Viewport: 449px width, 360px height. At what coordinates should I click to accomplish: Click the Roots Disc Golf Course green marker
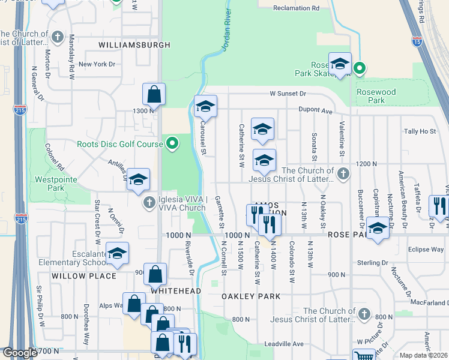(172, 143)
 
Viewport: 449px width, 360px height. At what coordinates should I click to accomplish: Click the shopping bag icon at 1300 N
(154, 94)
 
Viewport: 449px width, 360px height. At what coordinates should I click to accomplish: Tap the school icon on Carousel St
(205, 106)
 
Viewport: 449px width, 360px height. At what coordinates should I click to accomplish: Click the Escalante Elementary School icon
(117, 253)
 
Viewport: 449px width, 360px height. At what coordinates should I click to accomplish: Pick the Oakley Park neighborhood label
(247, 296)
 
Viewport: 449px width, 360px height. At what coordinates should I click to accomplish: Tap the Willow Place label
(83, 276)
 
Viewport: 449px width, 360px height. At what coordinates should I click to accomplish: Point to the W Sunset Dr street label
(288, 94)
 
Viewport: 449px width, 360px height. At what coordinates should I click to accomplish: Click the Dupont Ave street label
(318, 111)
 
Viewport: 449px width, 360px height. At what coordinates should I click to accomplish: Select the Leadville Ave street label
(285, 344)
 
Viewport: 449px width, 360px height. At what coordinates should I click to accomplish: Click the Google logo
(20, 353)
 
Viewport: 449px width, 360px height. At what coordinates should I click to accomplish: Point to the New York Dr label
(97, 64)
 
